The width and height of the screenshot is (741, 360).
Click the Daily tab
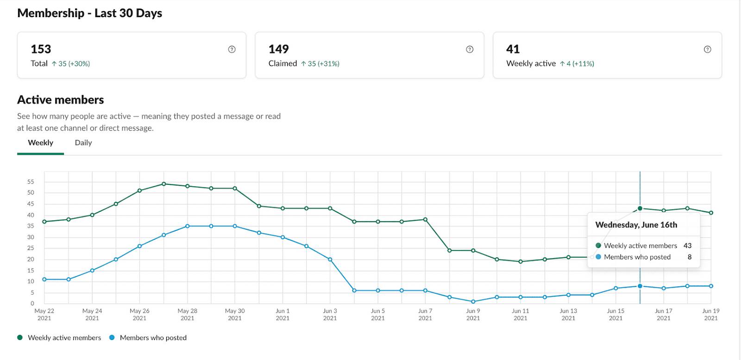[83, 143]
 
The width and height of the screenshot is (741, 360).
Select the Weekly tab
[40, 143]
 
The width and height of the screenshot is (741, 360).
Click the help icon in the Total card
[232, 50]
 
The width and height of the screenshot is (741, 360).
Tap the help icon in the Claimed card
[470, 50]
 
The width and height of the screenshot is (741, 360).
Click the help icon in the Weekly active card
[707, 50]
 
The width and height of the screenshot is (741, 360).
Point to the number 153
[41, 49]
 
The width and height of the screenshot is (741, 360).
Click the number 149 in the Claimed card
[278, 49]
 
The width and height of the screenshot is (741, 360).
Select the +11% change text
[583, 64]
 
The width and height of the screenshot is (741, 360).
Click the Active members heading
[60, 100]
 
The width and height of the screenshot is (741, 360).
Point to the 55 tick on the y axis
[31, 182]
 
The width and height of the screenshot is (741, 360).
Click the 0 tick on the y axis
[32, 303]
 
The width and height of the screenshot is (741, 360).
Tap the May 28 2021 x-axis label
[187, 314]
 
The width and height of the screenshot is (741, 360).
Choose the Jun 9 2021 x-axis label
[473, 314]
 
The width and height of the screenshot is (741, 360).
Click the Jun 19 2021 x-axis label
[710, 314]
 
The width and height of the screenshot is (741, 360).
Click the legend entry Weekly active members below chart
[64, 338]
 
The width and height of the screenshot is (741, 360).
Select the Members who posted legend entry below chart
[153, 338]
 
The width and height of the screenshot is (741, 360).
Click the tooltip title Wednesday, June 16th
[636, 225]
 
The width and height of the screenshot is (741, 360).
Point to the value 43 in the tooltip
[687, 246]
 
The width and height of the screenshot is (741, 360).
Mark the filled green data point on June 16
[640, 208]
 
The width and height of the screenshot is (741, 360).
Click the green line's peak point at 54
[163, 184]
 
